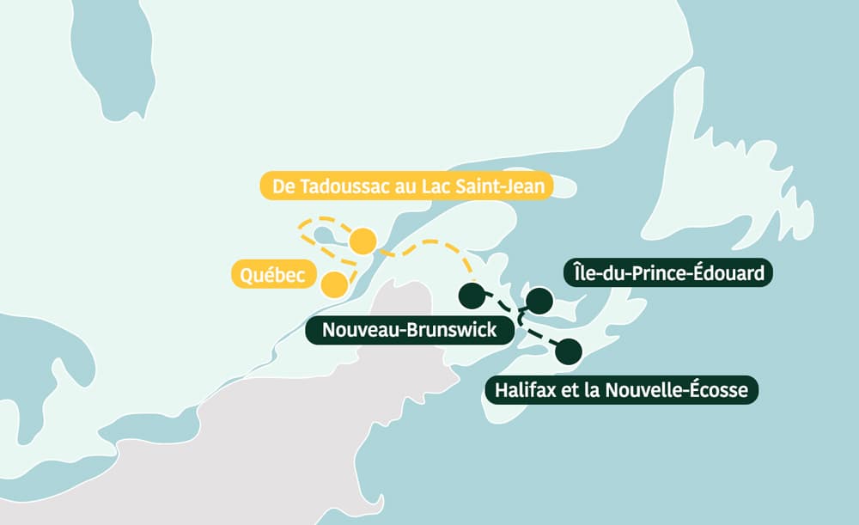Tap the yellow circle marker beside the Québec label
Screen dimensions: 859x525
click(x=333, y=284)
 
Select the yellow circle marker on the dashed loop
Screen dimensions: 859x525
click(x=363, y=242)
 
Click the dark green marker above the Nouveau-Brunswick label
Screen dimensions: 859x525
click(x=471, y=296)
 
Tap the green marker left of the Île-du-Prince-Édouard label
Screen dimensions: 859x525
click(x=539, y=300)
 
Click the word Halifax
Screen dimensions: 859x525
click(x=524, y=391)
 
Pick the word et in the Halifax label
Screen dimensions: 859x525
click(x=567, y=391)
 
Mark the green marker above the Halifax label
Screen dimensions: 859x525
click(x=568, y=351)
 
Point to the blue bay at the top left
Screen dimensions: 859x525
click(x=103, y=52)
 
